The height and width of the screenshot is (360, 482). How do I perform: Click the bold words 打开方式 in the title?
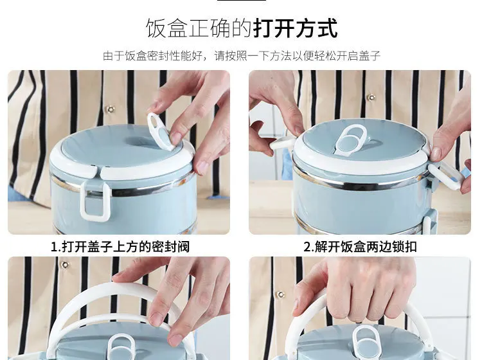[x=296, y=28]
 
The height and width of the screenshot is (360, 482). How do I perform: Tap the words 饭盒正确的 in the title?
[x=199, y=28]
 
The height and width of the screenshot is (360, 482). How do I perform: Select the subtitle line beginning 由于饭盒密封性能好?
[x=241, y=56]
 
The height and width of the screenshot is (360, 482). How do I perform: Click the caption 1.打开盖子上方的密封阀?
[x=120, y=247]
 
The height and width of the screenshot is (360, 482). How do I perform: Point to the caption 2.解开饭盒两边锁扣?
[x=360, y=247]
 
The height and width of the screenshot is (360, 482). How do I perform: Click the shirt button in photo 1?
[x=110, y=109]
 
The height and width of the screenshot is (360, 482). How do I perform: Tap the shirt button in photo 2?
[x=371, y=98]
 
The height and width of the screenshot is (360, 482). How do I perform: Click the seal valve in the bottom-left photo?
[x=121, y=346]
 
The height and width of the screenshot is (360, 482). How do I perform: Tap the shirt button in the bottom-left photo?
[x=65, y=265]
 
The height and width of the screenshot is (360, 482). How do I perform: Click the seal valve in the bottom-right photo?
[x=366, y=342]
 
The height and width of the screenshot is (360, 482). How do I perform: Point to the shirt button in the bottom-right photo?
[x=281, y=294]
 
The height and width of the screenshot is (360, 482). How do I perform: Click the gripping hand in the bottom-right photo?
[x=353, y=289]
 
